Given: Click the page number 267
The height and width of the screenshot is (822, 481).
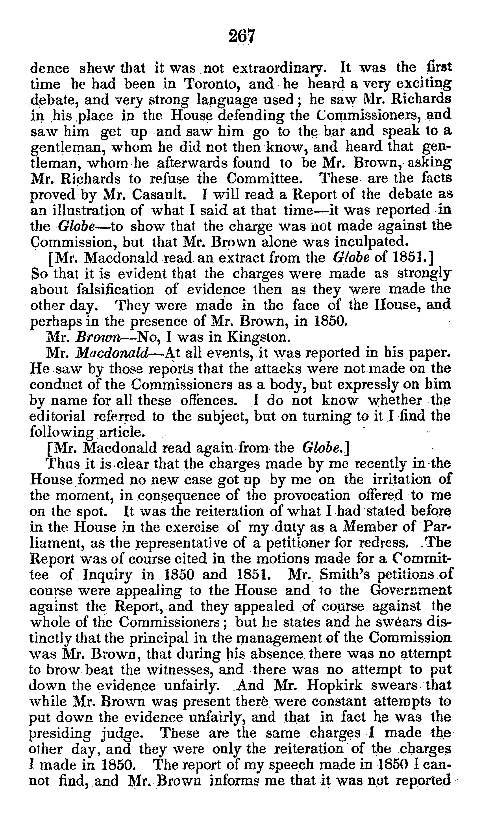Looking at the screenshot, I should tap(241, 36).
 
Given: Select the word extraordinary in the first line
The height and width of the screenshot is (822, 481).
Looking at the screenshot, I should tap(278, 68).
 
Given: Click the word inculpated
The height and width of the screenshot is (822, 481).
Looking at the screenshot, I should tap(367, 242).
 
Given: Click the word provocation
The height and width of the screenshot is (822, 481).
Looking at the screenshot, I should tap(312, 495).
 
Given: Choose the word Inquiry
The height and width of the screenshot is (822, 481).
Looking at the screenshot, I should tap(108, 575).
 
